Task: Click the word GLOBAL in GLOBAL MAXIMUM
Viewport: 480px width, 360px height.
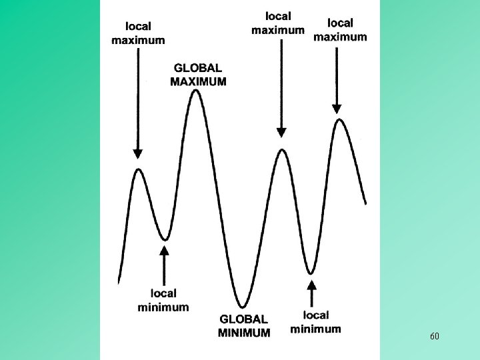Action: pos(199,68)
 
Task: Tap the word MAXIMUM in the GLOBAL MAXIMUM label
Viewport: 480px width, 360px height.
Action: pos(199,82)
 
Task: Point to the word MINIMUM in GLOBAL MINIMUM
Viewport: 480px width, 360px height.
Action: pos(244,332)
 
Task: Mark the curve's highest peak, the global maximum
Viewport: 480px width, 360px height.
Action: pos(196,91)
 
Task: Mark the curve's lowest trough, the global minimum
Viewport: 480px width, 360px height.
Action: pos(243,307)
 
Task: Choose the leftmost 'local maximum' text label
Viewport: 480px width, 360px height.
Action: pos(138,33)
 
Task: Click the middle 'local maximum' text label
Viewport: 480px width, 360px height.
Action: pos(278,23)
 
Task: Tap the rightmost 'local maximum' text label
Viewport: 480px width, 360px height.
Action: pos(340,29)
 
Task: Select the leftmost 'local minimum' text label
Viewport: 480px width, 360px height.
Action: pos(163,300)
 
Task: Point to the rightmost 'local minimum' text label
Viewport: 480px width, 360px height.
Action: pos(315,321)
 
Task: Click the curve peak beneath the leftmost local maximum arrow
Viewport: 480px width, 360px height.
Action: pos(139,169)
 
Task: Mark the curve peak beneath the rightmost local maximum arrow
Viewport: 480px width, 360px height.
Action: pos(340,120)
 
